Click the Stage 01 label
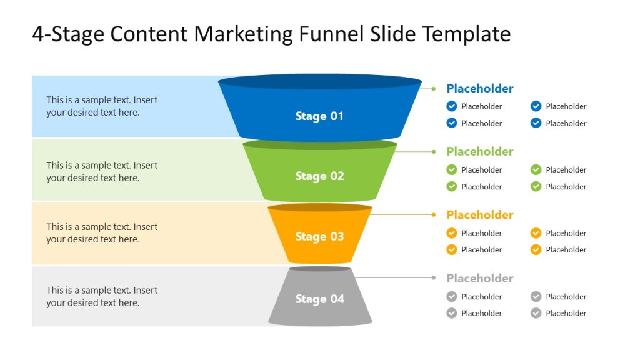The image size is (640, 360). click(x=319, y=116)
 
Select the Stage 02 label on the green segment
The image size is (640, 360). click(x=319, y=176)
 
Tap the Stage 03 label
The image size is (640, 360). click(x=319, y=237)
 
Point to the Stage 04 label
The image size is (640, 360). click(x=319, y=299)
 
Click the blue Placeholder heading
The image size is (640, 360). click(x=479, y=89)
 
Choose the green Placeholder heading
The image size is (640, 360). click(x=479, y=152)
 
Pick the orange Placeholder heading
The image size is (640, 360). click(x=479, y=215)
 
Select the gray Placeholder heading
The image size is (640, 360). click(x=479, y=279)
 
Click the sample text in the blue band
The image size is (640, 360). click(x=102, y=106)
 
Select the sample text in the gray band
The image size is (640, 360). click(x=102, y=297)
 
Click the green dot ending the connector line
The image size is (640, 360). click(x=433, y=151)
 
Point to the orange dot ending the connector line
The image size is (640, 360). click(x=433, y=214)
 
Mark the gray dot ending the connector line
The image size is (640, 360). click(x=433, y=277)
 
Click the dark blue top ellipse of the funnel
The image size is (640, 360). click(x=319, y=82)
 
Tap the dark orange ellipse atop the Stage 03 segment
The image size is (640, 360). click(x=319, y=207)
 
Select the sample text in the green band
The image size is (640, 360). click(x=102, y=172)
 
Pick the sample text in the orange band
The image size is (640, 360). click(x=102, y=233)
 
